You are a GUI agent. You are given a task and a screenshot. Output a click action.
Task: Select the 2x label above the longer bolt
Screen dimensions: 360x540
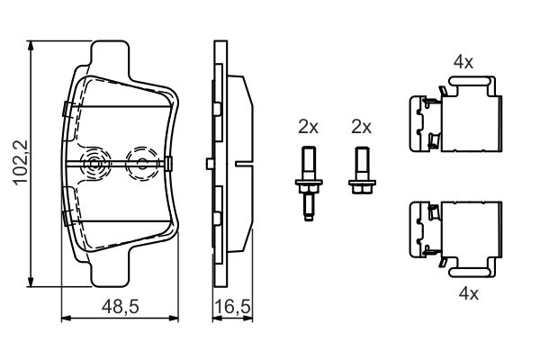point(308,127)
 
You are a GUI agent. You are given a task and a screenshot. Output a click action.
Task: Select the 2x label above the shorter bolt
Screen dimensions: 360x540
point(361,127)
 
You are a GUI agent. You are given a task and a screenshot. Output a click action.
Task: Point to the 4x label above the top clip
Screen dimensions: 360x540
point(463,63)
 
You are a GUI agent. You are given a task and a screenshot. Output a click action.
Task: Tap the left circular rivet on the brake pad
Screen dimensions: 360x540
point(94,163)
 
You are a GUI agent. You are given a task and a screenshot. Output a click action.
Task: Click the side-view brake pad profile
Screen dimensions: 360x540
point(229,163)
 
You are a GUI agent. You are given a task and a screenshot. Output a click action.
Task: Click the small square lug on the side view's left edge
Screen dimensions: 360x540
point(209,163)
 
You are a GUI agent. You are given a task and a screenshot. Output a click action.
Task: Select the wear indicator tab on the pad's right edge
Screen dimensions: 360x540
point(169,163)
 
